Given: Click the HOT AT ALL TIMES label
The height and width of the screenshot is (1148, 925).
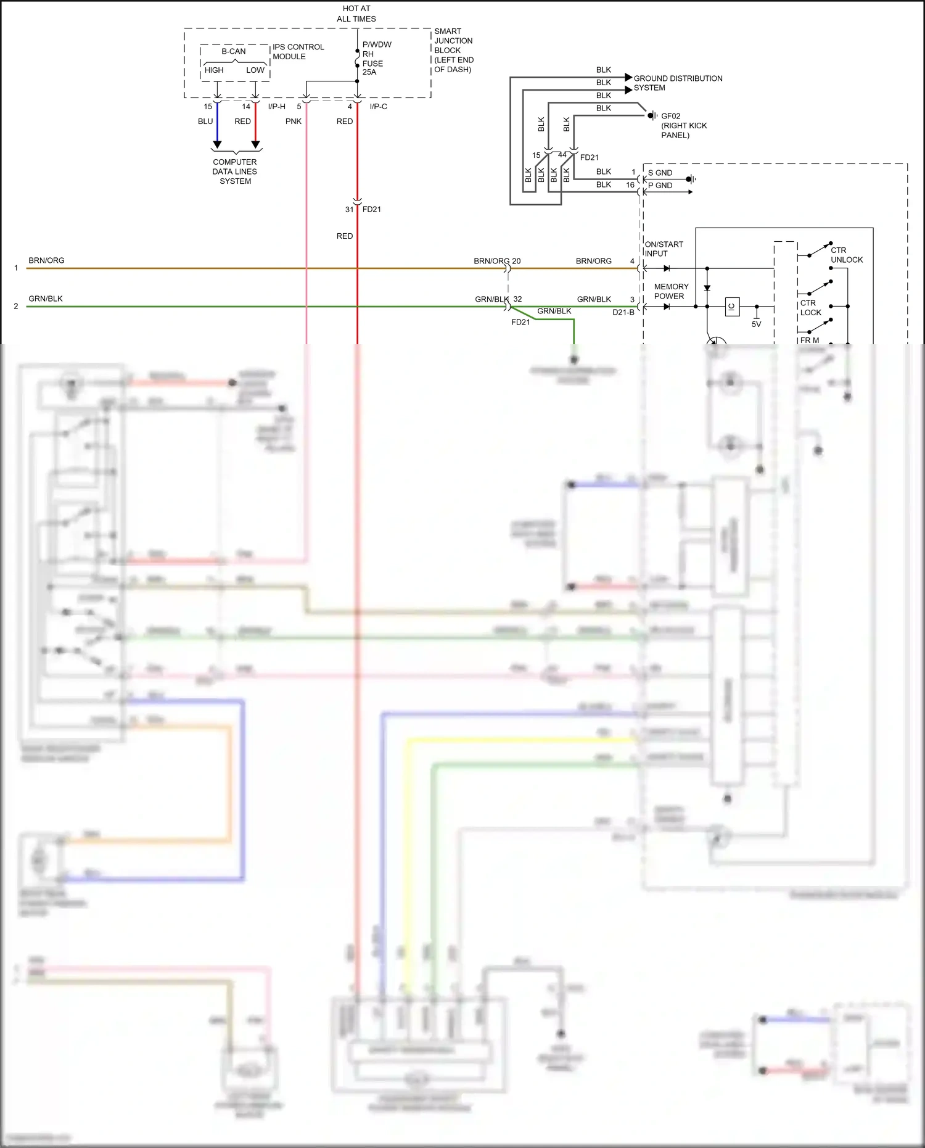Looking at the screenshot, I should point(356,14).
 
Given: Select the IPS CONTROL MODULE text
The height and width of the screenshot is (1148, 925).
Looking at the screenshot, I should point(298,52).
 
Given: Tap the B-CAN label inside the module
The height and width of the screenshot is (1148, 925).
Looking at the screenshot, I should point(234,51).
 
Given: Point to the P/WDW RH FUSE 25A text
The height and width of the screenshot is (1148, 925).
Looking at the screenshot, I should point(376,58).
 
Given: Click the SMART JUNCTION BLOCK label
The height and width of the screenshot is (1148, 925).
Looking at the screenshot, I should point(453,50).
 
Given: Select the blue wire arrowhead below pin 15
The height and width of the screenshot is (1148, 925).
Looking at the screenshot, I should point(217,145).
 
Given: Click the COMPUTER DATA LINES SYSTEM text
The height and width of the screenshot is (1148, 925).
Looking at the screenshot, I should point(235,171).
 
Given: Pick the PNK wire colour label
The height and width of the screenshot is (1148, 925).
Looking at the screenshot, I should point(294,122).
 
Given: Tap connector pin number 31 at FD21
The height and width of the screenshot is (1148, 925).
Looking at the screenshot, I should point(349,210).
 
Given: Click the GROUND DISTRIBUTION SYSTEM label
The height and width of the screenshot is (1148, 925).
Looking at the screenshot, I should point(677,83).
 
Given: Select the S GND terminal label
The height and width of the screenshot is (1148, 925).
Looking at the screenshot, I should point(660,173).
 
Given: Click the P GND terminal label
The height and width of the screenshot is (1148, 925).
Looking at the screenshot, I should point(660,186).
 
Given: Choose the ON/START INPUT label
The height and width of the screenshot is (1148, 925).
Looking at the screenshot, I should point(664,249).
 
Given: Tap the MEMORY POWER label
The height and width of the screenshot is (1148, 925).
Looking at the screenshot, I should point(671,291).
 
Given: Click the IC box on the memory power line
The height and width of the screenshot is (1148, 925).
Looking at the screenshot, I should point(732,307).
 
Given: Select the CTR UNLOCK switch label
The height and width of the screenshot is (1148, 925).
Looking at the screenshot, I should point(846,255).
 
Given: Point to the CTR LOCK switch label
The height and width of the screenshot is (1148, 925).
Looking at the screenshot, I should point(810,308).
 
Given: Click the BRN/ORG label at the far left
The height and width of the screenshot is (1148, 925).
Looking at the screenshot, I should point(46,260).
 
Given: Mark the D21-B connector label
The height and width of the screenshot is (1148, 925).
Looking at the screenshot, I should point(623,312).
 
